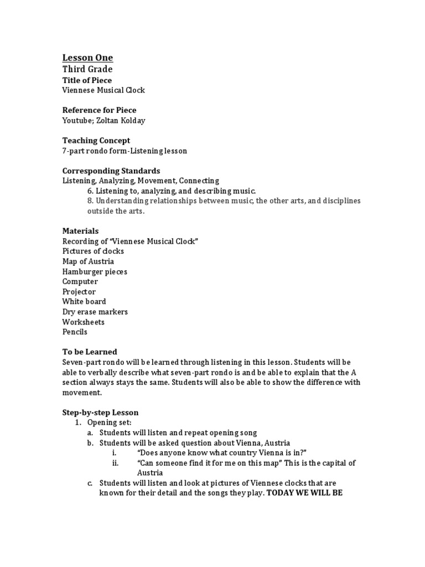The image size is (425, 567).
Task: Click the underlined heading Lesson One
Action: pyautogui.click(x=87, y=58)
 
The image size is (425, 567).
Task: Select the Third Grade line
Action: pyautogui.click(x=87, y=69)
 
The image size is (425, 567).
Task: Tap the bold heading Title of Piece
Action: pyautogui.click(x=87, y=80)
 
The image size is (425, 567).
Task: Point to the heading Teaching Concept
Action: pyautogui.click(x=96, y=141)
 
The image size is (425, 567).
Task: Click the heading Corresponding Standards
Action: pyautogui.click(x=111, y=171)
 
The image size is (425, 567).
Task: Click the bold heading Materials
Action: pyautogui.click(x=81, y=231)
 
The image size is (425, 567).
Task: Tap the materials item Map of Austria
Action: pyautogui.click(x=89, y=261)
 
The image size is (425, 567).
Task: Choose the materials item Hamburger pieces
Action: pyautogui.click(x=95, y=271)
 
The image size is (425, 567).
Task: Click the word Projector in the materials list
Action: pyautogui.click(x=79, y=292)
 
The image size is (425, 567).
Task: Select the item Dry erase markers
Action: pyautogui.click(x=95, y=312)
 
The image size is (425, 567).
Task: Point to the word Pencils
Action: pyautogui.click(x=75, y=332)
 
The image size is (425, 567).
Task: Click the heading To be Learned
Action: pyautogui.click(x=90, y=352)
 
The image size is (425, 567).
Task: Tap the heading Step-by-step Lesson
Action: pyautogui.click(x=101, y=413)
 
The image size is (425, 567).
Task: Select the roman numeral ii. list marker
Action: pyautogui.click(x=116, y=463)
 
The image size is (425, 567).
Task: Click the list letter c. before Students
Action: pyautogui.click(x=90, y=483)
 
